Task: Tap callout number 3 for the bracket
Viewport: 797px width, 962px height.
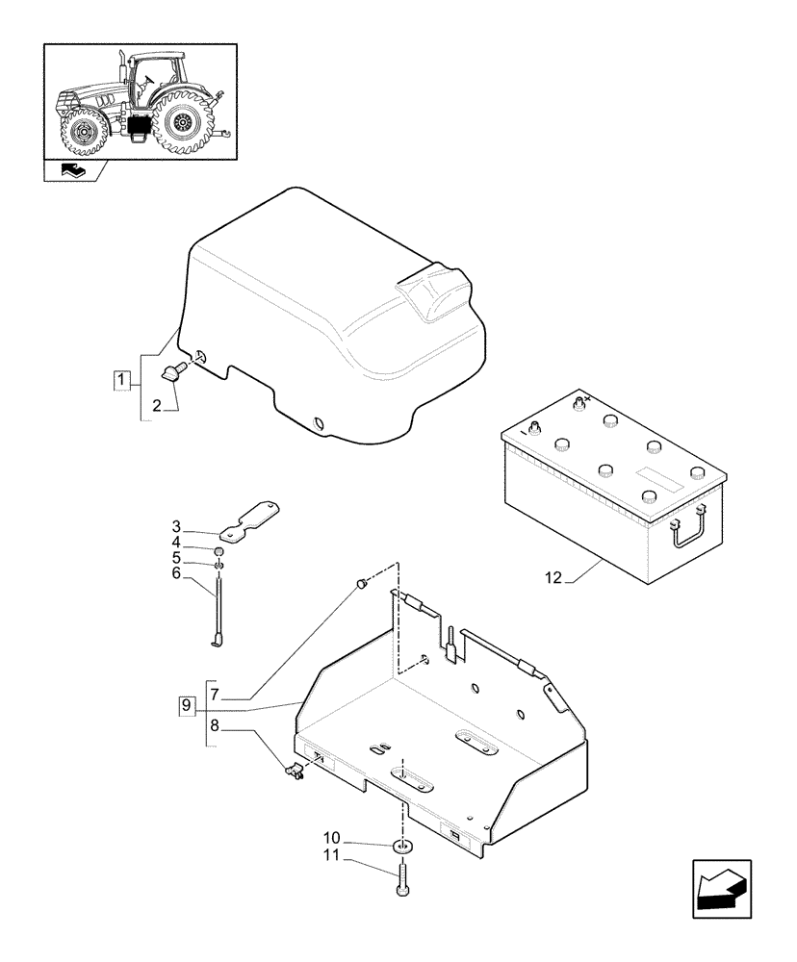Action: point(177,526)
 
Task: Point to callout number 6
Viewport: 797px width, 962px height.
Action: point(177,572)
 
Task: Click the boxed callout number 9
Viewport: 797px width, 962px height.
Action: point(186,706)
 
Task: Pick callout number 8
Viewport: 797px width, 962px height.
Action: point(214,726)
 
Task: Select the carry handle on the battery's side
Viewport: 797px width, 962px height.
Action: point(692,532)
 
